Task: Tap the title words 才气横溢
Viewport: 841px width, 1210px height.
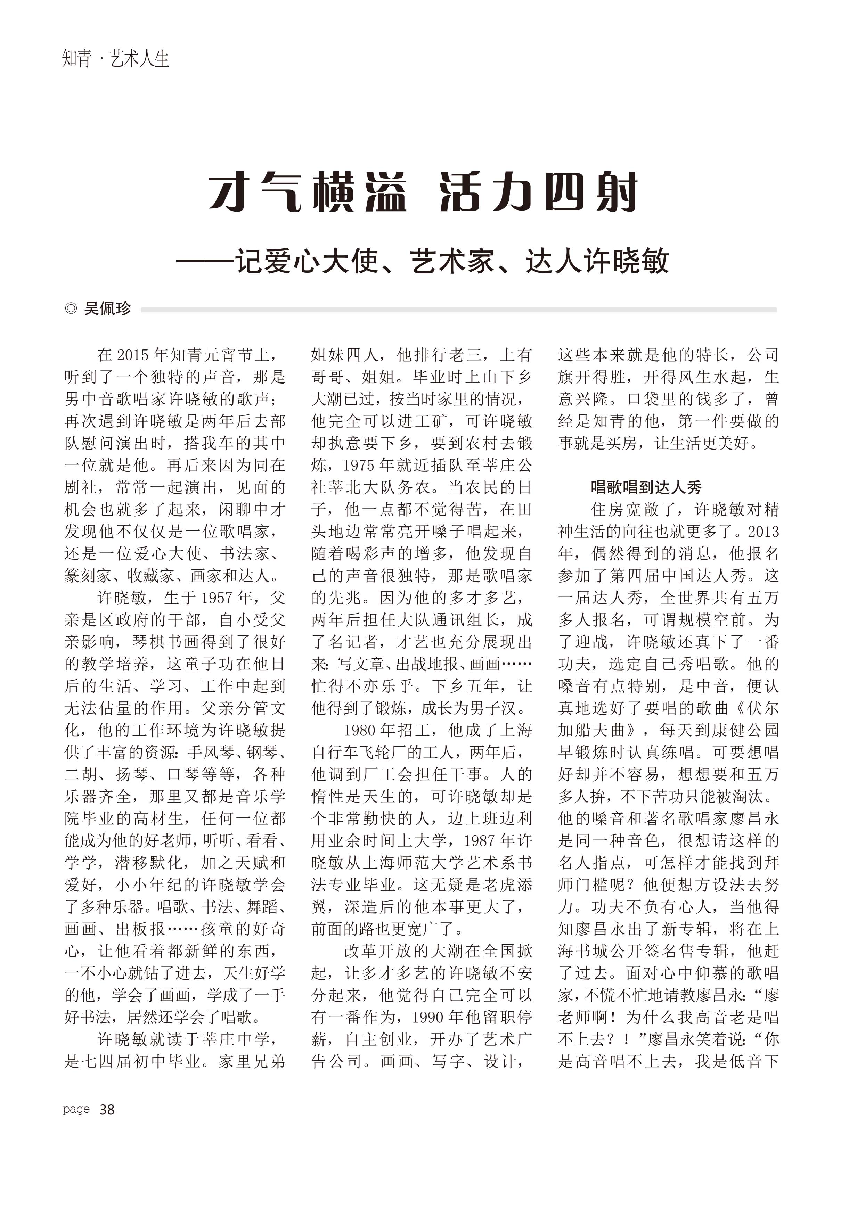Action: coord(307,192)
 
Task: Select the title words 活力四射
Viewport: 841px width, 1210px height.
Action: coord(538,192)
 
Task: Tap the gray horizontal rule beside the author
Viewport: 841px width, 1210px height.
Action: coord(458,310)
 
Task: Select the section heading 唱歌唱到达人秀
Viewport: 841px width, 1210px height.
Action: coord(646,487)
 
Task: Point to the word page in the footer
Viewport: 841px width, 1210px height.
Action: coord(76,1109)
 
